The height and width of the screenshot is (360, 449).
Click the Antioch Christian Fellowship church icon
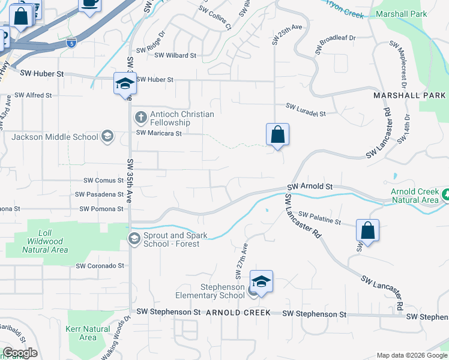click(x=140, y=116)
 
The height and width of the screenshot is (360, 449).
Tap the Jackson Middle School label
click(x=55, y=137)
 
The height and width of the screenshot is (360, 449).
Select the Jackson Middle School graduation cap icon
click(x=107, y=136)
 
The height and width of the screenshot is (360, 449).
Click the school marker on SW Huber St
click(x=125, y=83)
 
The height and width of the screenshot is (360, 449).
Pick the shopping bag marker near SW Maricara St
click(x=278, y=134)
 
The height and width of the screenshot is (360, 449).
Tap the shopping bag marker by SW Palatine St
click(x=367, y=230)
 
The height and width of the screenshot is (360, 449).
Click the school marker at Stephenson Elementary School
click(x=262, y=281)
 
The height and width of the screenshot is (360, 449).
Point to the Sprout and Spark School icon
click(x=134, y=239)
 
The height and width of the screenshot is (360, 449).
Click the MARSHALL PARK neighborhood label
click(x=409, y=95)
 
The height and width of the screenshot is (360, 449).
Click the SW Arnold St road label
click(x=312, y=187)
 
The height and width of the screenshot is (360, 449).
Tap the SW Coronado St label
click(x=100, y=265)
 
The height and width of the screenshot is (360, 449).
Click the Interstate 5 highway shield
click(x=72, y=43)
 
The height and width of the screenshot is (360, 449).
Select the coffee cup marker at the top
click(x=90, y=4)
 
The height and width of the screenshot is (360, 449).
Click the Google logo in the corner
click(x=19, y=353)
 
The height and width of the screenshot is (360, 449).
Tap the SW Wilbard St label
click(x=175, y=55)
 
